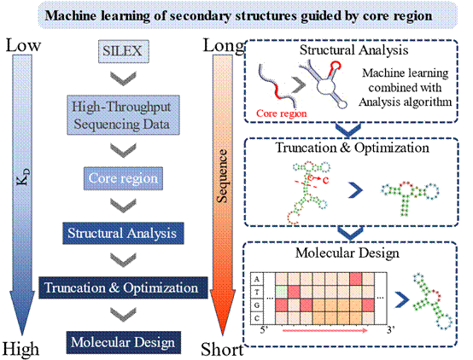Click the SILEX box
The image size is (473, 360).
tap(124, 51)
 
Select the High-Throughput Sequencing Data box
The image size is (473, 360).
tap(123, 115)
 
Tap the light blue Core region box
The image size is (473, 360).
tap(123, 178)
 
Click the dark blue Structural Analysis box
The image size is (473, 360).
tap(123, 233)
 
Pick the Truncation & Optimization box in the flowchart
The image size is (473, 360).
tap(123, 287)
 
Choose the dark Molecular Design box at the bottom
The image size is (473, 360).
tap(124, 343)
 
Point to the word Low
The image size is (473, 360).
tap(23, 45)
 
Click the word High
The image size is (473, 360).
tap(20, 349)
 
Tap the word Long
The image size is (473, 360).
tap(224, 46)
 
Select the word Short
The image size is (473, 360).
tap(222, 350)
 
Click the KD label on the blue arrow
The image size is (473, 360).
tap(23, 177)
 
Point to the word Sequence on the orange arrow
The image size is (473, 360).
tap(222, 176)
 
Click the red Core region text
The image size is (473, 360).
tap(282, 113)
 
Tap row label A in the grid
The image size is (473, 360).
tap(257, 279)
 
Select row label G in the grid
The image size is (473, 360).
tap(257, 305)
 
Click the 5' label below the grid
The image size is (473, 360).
tap(265, 330)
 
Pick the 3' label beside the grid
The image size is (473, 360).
tap(391, 330)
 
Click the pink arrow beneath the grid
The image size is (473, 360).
tap(325, 330)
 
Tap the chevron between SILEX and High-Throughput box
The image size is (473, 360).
tap(123, 78)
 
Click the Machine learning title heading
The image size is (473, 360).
tap(238, 15)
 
